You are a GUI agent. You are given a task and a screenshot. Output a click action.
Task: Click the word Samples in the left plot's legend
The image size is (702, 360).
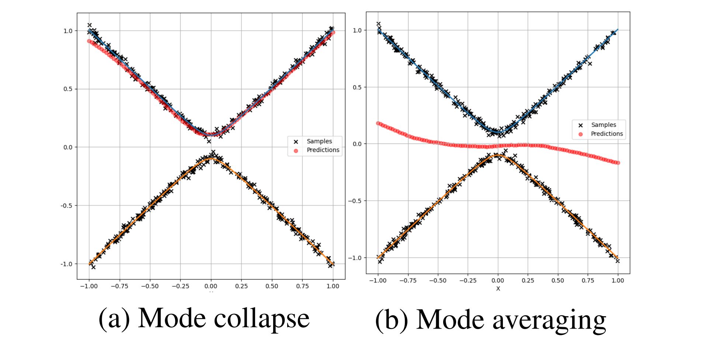319,141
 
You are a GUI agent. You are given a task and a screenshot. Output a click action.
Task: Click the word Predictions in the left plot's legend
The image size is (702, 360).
323,150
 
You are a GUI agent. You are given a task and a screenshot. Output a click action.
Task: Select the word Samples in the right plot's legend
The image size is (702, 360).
604,125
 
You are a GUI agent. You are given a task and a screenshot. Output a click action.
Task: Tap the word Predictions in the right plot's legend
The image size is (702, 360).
607,134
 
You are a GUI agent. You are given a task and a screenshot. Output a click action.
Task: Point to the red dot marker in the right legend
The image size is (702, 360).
581,134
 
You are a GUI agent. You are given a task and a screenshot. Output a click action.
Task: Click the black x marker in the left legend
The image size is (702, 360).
296,142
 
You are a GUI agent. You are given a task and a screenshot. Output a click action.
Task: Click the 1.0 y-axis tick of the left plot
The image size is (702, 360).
68,31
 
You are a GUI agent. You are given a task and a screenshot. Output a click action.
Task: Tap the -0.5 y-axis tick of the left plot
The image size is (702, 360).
67,205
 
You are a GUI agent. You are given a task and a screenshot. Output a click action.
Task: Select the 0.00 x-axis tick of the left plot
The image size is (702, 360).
211,286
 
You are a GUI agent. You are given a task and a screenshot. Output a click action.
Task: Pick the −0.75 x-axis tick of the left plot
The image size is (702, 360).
119,286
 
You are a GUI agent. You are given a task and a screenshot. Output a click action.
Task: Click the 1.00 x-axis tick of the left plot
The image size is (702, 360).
333,286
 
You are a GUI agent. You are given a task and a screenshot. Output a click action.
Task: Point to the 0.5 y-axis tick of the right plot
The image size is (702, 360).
357,87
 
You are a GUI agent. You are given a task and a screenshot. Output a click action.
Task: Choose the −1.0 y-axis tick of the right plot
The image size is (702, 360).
355,258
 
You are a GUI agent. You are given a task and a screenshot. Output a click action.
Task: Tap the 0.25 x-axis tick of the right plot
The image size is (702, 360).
528,281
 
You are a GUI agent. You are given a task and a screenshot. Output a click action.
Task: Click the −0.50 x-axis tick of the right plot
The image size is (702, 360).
438,281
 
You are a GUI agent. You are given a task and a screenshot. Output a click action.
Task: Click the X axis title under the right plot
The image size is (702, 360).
498,288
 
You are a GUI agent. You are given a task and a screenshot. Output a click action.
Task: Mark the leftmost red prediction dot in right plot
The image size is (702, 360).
378,123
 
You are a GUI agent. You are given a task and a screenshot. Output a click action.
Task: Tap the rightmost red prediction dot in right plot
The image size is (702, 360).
618,163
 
